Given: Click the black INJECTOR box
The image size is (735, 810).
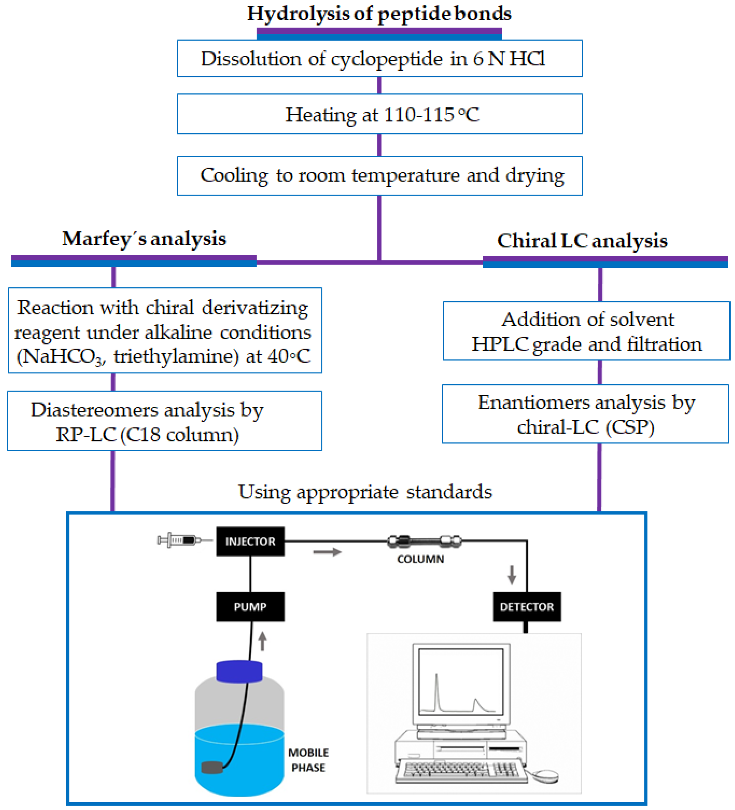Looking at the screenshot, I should tap(250, 541).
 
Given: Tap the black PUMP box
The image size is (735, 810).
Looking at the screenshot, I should tap(250, 607).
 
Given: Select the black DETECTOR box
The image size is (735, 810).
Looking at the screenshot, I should tap(527, 607).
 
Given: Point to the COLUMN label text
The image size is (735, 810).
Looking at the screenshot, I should tap(421, 559).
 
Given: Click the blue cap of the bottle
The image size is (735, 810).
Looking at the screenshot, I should tap(240, 672).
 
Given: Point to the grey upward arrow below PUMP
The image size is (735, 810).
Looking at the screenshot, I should tap(262, 641).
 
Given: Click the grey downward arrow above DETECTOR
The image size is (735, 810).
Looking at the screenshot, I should tap(512, 574).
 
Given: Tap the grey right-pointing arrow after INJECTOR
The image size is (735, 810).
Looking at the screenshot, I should tap(327, 552).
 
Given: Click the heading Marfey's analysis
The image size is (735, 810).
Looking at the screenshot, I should tap(144, 239).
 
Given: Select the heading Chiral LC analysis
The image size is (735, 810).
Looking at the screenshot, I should tap(582, 241).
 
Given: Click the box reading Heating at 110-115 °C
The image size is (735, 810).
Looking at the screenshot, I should tap(379, 114).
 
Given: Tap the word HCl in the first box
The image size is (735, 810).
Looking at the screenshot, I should tap(527, 59).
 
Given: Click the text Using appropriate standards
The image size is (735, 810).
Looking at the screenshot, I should tap(365, 492).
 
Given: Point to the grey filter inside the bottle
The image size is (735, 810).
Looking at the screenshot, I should tap(212, 767).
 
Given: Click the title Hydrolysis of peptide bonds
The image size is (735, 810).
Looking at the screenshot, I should tap(379, 14).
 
